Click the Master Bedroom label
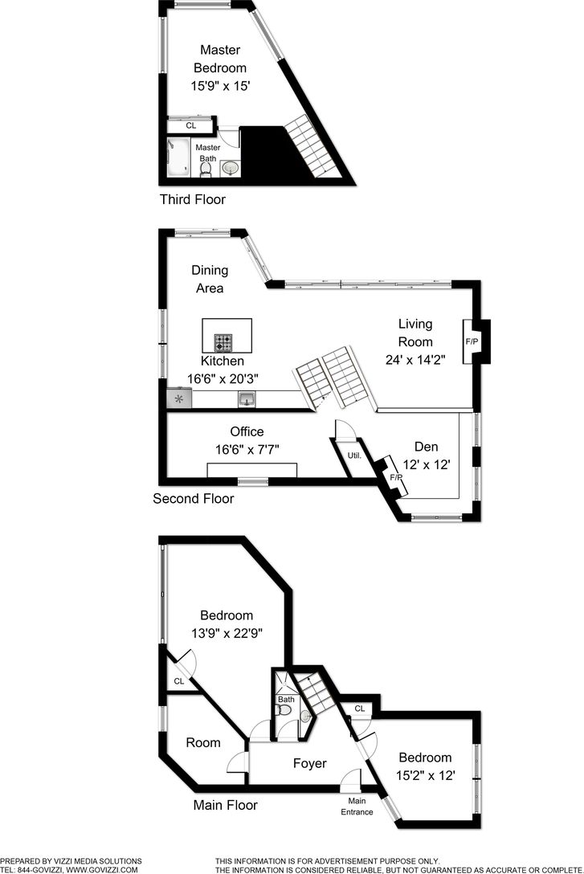219,59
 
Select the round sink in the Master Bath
231,167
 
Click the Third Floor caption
193,199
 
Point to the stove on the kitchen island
223,342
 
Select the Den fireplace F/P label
395,477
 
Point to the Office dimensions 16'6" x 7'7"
247,450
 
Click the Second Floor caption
194,499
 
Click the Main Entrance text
357,806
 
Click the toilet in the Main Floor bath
304,715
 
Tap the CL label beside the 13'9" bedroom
178,681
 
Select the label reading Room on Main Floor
203,742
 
